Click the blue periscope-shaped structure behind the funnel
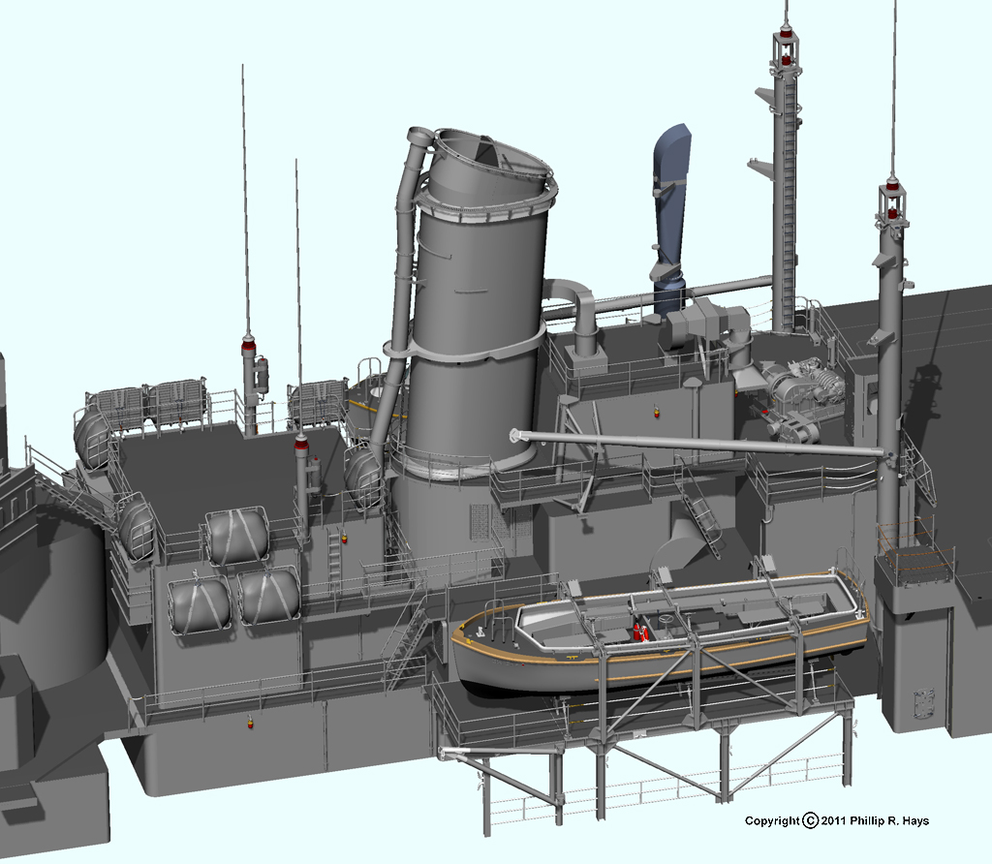point(671,215)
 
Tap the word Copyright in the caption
point(772,821)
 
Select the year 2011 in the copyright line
point(833,821)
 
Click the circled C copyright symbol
point(811,821)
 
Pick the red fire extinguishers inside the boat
point(640,632)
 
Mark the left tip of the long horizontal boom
point(512,435)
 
